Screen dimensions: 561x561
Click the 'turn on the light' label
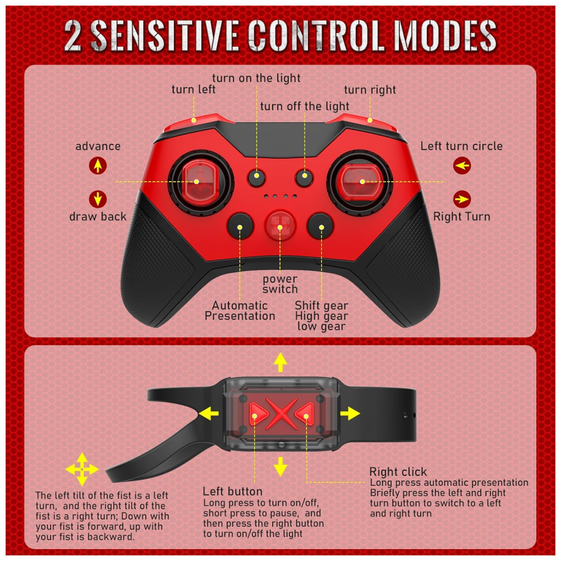click(x=256, y=78)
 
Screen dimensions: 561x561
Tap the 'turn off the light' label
click(x=305, y=106)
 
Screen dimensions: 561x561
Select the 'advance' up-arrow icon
click(x=98, y=165)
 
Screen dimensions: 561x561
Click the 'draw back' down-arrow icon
click(x=98, y=199)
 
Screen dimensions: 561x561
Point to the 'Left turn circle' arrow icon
click(x=462, y=165)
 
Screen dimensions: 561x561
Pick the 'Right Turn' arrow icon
click(x=462, y=199)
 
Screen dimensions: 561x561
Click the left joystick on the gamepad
click(x=201, y=182)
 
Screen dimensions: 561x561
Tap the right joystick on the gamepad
click(x=359, y=182)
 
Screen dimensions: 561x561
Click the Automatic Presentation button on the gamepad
click(x=240, y=226)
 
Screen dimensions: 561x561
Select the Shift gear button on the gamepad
click(x=320, y=226)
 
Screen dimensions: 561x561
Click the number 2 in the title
click(x=73, y=36)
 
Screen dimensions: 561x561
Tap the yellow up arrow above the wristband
click(x=280, y=362)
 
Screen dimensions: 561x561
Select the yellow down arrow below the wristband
click(x=280, y=466)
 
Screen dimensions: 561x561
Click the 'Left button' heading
click(x=233, y=491)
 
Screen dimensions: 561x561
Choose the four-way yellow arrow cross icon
click(x=82, y=469)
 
